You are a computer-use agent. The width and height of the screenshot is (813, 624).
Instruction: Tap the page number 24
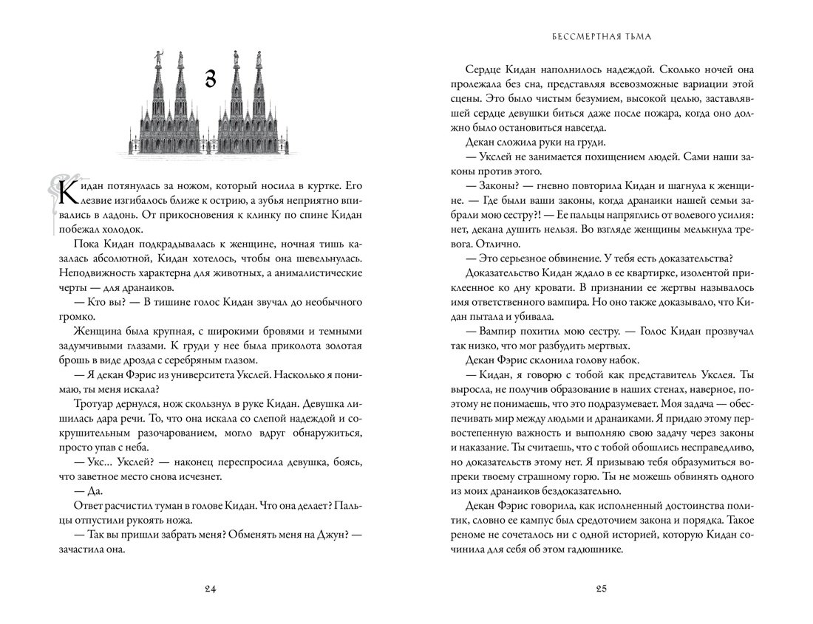[x=210, y=588]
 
